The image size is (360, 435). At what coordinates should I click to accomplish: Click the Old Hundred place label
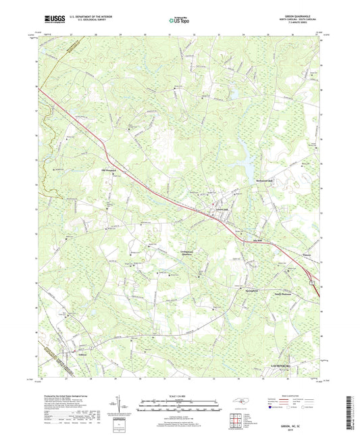coord(109,170)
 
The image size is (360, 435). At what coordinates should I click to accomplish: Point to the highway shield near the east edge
coord(313,282)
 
